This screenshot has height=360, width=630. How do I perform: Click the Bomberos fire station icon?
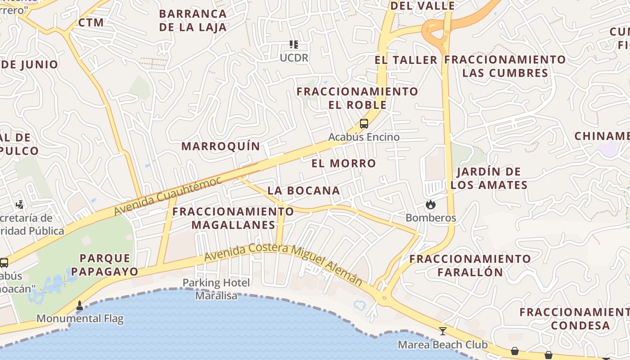point(431,205)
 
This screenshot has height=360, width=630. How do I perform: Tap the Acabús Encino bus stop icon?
point(364,124)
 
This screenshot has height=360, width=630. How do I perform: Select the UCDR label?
point(294,58)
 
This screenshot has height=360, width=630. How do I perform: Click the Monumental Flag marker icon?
point(80,306)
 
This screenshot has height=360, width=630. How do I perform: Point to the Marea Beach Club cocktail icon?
point(443,331)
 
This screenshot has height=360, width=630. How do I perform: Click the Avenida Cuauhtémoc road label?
point(167,196)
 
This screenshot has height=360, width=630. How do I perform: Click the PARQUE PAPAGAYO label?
point(105,265)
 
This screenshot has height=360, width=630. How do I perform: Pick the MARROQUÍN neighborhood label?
point(220,146)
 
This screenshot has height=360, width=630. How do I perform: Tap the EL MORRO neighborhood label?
point(344,163)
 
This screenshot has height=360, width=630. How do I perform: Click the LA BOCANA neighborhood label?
point(304,190)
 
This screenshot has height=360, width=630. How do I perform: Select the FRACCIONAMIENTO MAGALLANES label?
point(233,218)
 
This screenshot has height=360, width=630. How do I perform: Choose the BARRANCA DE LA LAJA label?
point(193,21)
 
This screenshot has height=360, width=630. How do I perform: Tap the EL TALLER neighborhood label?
point(406,60)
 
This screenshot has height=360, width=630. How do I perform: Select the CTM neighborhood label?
point(91,22)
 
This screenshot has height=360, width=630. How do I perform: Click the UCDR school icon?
point(294,45)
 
